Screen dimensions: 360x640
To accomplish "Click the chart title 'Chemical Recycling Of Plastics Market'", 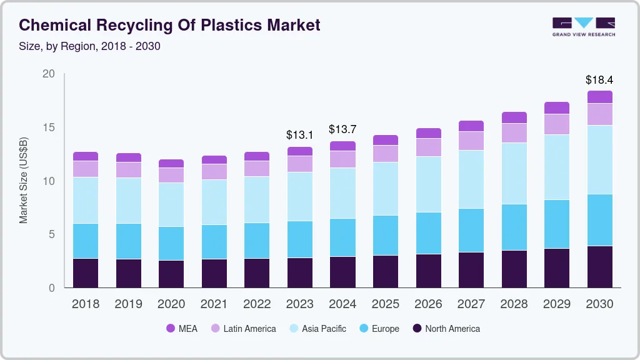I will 169,25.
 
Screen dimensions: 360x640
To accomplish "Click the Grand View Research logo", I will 583,26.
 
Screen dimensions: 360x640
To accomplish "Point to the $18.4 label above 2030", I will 599,80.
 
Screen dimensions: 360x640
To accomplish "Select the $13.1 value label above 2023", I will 299,134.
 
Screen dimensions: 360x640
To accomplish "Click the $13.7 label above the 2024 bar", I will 342,129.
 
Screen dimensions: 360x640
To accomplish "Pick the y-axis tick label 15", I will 49,127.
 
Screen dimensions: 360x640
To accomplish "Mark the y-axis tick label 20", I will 49,74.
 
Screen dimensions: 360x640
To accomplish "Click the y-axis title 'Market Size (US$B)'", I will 24,181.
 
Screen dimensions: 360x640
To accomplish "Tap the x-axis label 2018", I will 86,304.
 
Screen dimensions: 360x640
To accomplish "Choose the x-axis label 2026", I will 428,304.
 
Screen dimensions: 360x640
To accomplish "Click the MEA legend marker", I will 171,329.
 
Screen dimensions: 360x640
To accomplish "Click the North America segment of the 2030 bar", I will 599,267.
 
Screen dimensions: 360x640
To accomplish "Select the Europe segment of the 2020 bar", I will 171,243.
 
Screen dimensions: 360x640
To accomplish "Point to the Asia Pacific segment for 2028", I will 514,173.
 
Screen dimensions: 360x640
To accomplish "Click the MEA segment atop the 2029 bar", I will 556,107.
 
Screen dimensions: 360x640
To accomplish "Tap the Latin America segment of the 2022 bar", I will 257,169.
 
